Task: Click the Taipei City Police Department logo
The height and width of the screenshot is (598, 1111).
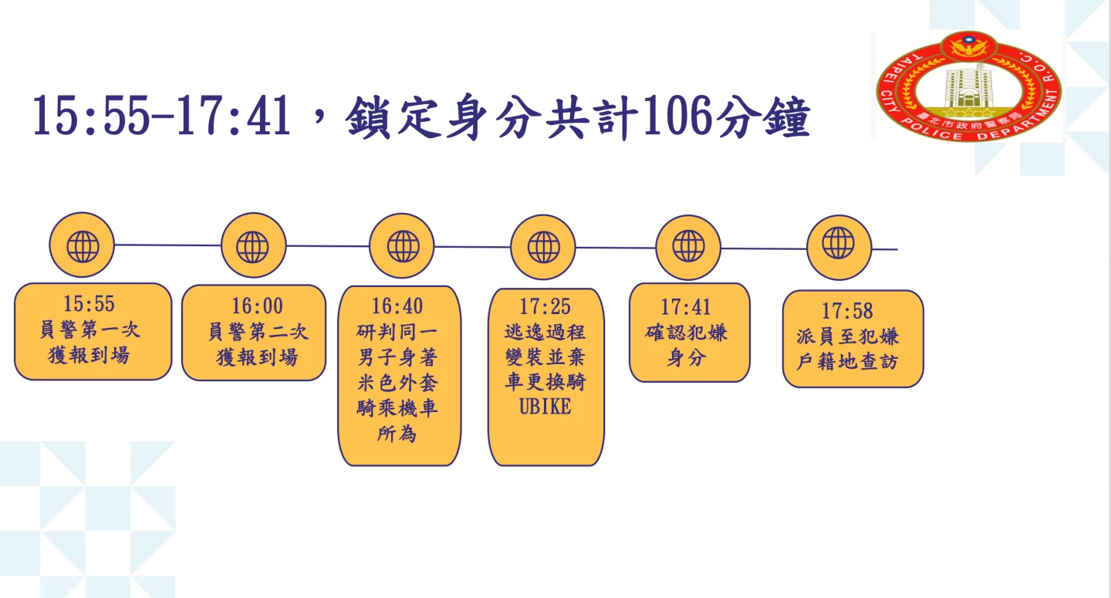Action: click(x=968, y=86)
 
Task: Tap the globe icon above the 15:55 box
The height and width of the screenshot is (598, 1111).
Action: click(x=82, y=245)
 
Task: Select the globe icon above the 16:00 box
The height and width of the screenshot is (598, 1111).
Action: click(x=253, y=246)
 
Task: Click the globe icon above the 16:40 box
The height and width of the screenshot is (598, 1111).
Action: click(x=402, y=246)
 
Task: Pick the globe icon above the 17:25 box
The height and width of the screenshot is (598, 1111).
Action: click(x=543, y=248)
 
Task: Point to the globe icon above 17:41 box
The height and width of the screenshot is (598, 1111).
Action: click(x=687, y=247)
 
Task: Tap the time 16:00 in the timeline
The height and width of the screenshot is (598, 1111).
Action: click(x=257, y=306)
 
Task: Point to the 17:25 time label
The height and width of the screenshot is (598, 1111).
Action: click(x=545, y=307)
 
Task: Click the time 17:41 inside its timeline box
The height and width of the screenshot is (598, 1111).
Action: click(x=686, y=307)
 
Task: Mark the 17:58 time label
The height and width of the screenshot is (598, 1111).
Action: click(x=847, y=311)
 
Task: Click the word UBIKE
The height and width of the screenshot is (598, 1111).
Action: click(x=545, y=407)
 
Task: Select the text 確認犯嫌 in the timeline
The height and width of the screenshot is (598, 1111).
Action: click(x=686, y=333)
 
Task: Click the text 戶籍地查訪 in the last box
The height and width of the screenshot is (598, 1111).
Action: click(x=847, y=361)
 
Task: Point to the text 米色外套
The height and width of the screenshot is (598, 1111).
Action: click(x=397, y=383)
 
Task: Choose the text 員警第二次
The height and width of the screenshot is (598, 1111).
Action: click(x=257, y=332)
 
